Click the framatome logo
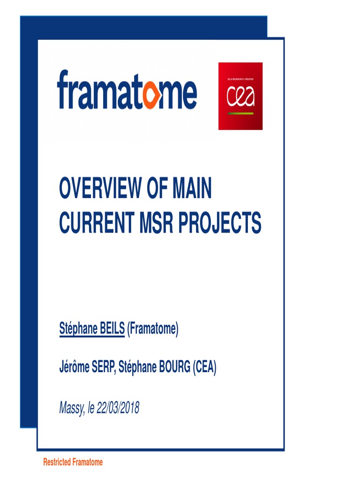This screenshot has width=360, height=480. click(127, 90)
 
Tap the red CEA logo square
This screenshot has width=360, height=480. click(240, 96)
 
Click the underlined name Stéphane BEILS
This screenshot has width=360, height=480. click(92, 330)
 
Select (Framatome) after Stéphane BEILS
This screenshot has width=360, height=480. click(153, 330)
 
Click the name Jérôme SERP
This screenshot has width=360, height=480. click(87, 368)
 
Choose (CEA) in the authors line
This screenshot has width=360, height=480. click(204, 368)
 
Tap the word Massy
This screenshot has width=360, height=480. click(72, 408)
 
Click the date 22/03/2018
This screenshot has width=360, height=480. click(118, 408)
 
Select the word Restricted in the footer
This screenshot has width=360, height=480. click(57, 462)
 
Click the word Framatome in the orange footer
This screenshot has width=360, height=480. click(88, 462)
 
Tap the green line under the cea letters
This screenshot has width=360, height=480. click(240, 113)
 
